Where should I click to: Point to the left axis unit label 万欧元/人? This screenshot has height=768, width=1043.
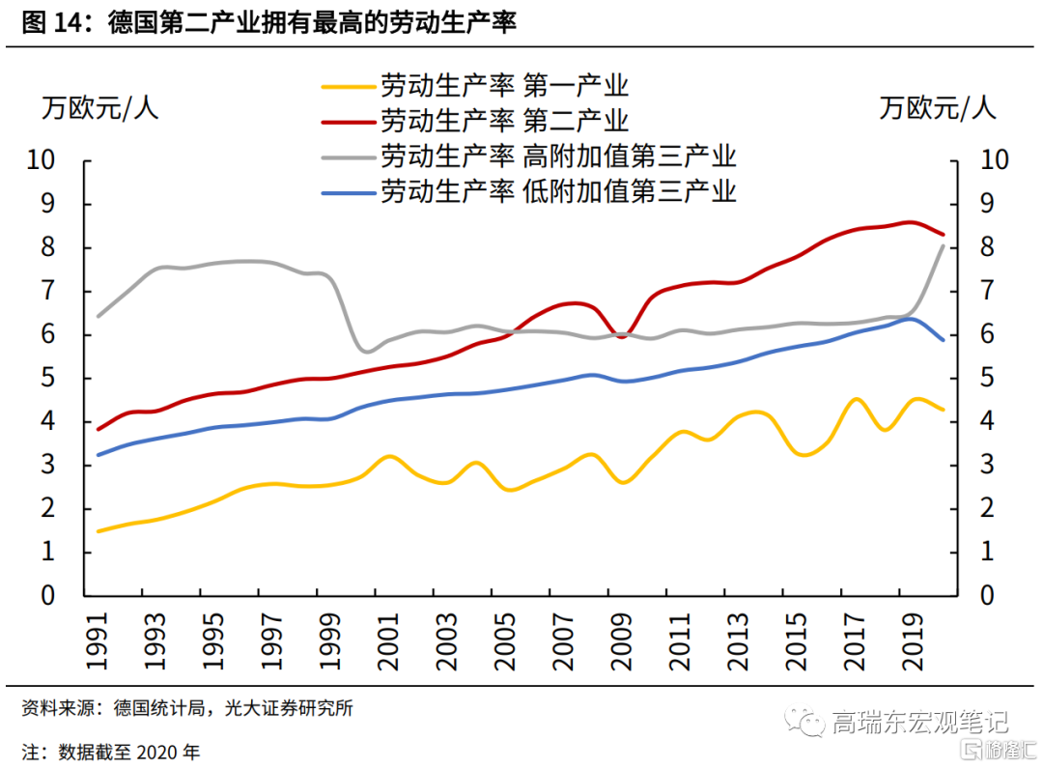[x=99, y=107]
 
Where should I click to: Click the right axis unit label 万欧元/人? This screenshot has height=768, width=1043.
[x=937, y=107]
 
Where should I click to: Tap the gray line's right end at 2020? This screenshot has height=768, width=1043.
[x=944, y=246]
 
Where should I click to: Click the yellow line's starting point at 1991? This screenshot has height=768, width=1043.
[x=99, y=531]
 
